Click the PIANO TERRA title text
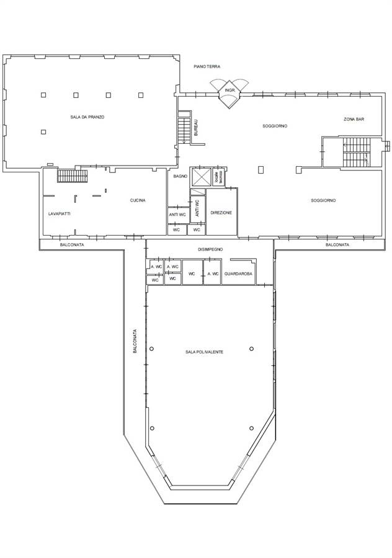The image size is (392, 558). coord(207,66)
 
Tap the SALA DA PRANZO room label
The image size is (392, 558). coord(87,117)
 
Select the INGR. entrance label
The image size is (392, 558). coord(229,91)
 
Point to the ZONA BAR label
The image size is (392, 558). coord(354,119)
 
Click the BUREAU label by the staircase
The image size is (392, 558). coord(196,128)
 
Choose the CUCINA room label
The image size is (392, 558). coord(138,200)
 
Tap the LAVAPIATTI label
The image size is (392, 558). coord(59,214)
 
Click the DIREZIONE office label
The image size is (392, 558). coord(221,213)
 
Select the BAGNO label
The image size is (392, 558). coord(180,177)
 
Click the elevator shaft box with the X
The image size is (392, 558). coord(201,177)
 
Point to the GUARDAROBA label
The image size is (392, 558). coord(238,274)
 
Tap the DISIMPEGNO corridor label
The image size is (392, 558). coord(210,249)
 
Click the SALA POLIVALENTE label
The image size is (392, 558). coord(204,352)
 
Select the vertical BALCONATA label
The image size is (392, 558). coord(135,340)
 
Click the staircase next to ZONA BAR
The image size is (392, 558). coord(357,153)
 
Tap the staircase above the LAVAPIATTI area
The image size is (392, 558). coord(73,176)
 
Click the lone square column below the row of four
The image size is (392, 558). coord(43,132)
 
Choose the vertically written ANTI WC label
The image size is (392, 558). coord(197,208)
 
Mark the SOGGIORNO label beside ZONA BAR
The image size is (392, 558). coord(275,126)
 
